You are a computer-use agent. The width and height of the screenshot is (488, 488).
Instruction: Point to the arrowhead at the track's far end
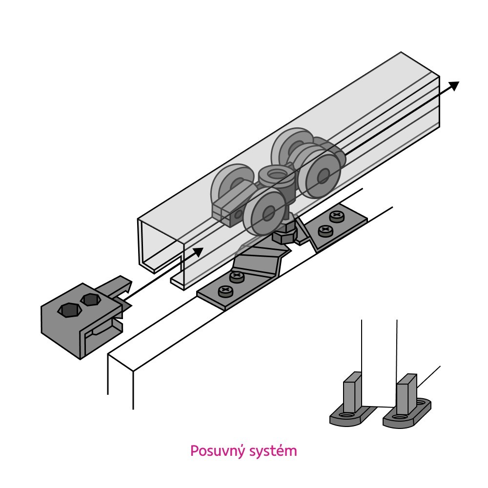(x=454, y=86)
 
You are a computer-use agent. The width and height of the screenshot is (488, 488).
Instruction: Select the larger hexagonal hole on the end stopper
(x=68, y=310)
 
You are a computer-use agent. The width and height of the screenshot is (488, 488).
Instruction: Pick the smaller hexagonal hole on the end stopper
(x=89, y=300)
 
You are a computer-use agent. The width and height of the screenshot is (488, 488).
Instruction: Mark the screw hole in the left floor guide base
(x=347, y=416)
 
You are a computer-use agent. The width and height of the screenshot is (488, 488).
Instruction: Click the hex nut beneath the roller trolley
(x=283, y=237)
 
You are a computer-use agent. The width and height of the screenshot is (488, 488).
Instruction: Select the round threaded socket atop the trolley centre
(x=276, y=175)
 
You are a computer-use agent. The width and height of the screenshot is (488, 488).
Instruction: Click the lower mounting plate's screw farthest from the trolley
(x=225, y=291)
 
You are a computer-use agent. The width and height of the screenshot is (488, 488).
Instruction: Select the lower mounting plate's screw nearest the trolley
(x=237, y=277)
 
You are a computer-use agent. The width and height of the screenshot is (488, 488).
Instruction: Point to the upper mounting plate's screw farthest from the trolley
(x=336, y=215)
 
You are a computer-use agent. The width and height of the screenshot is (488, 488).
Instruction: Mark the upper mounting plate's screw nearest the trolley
(x=325, y=230)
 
